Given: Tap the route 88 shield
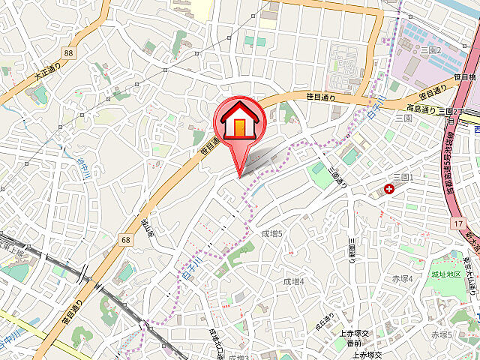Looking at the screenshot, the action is [x=69, y=52].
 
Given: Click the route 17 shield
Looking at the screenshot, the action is [x=457, y=223].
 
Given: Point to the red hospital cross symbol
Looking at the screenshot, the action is [x=388, y=189].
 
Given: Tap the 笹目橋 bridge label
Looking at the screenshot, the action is [x=466, y=76].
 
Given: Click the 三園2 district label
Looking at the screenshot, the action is [x=430, y=49].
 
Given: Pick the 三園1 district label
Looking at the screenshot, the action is [x=403, y=176].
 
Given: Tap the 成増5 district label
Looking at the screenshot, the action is [x=271, y=234].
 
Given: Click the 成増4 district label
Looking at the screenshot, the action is [x=293, y=281].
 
